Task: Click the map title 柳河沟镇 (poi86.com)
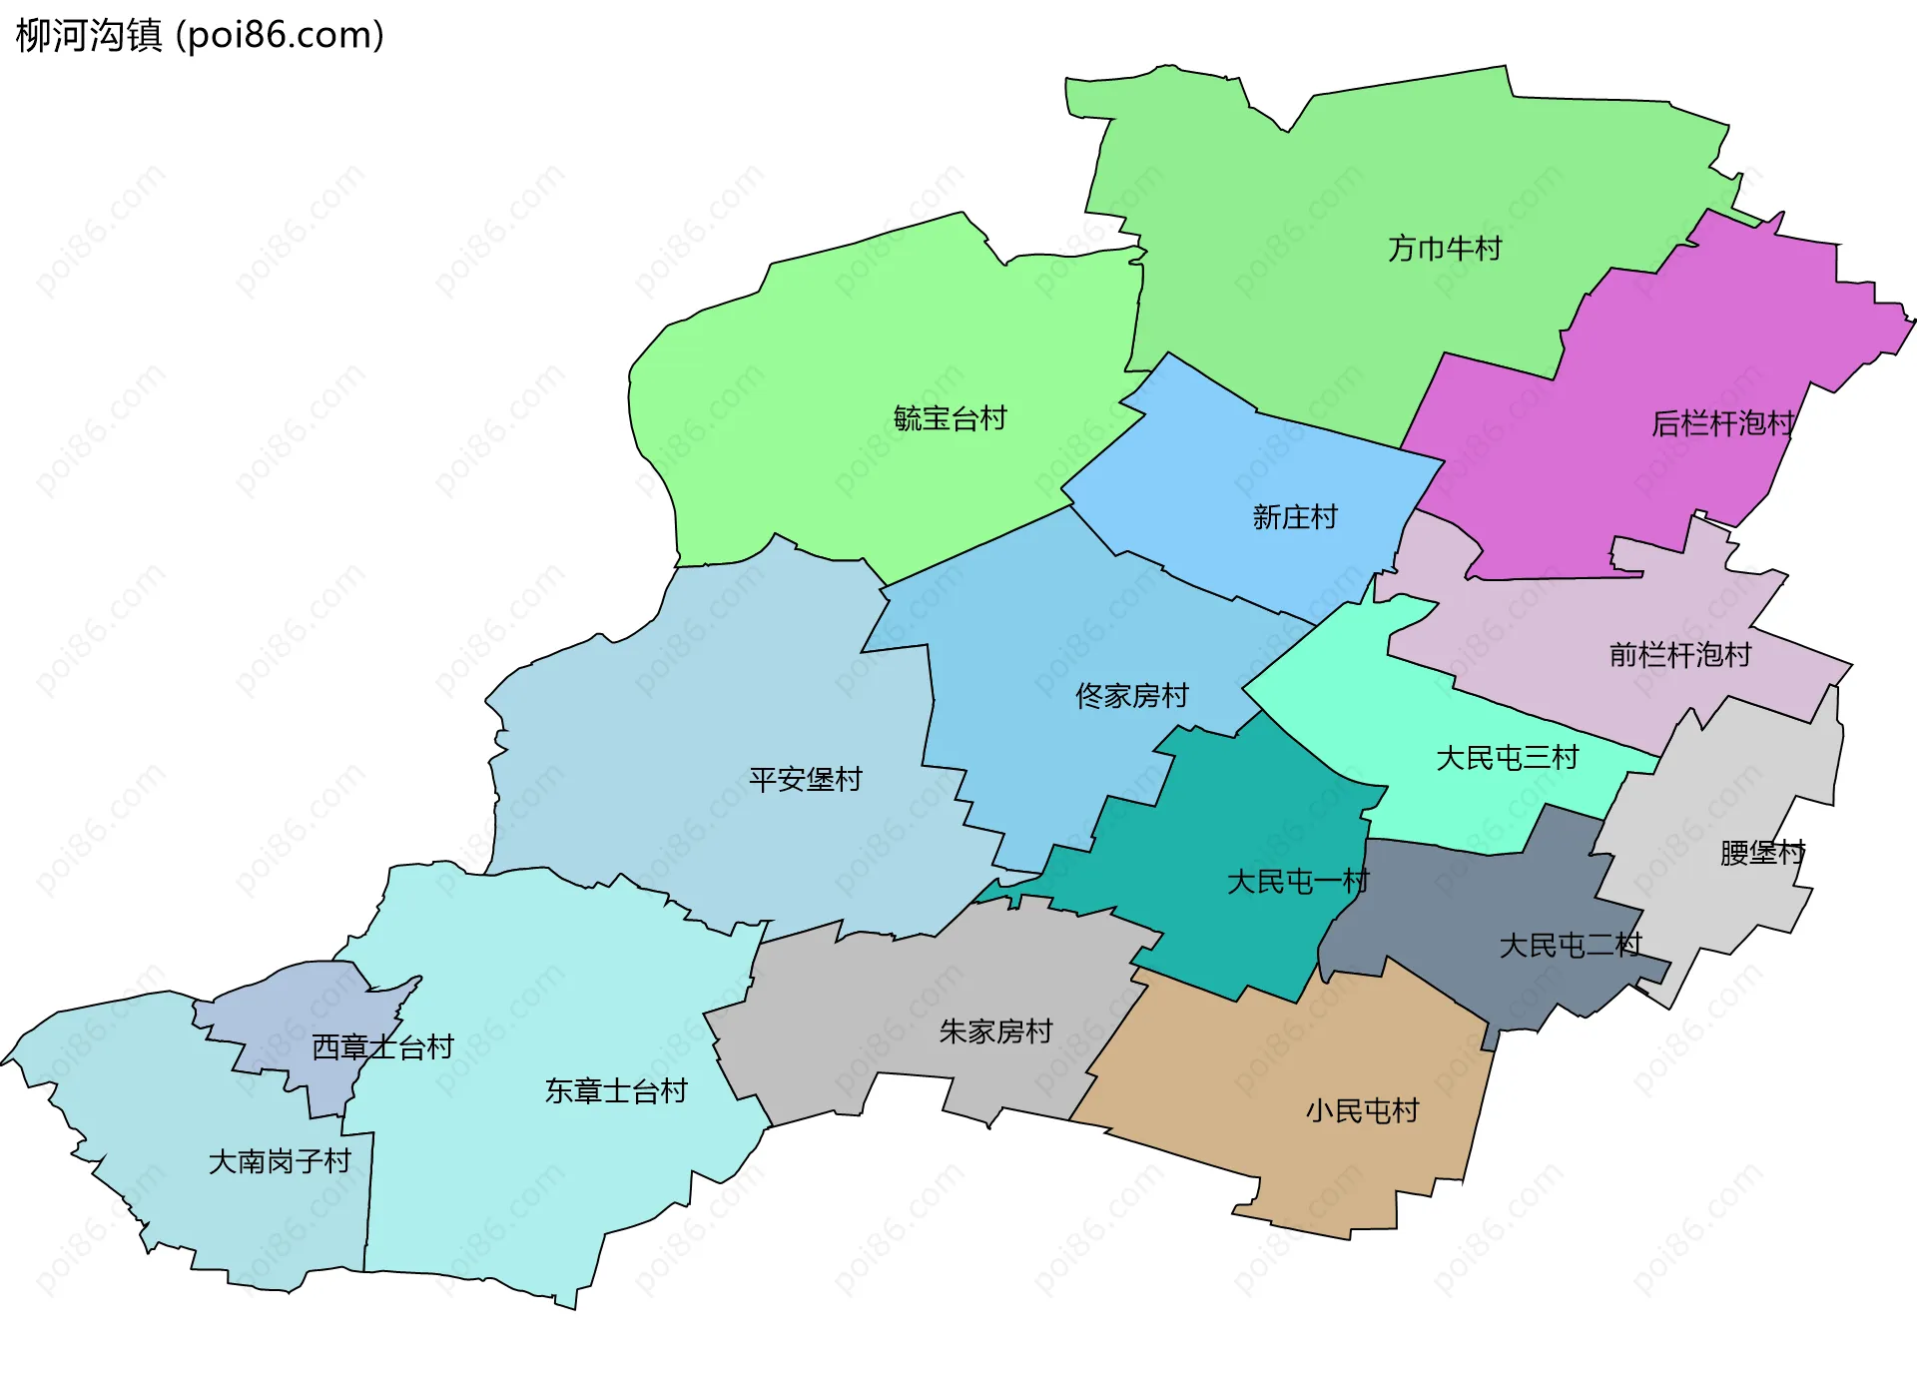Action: coord(200,36)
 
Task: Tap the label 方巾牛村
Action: coord(1445,249)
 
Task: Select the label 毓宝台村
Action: coord(950,418)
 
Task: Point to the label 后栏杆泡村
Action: coord(1722,424)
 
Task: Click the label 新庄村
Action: coord(1295,517)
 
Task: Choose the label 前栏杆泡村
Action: coord(1680,655)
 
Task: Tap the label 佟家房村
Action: coord(1131,696)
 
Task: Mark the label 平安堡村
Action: coord(805,780)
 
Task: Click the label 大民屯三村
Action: coord(1507,759)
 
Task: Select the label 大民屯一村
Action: coord(1297,882)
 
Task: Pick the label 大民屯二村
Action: coord(1570,946)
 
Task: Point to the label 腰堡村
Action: coord(1762,853)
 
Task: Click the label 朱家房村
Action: coord(995,1031)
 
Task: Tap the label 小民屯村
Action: coord(1362,1111)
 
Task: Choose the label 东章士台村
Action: coord(616,1091)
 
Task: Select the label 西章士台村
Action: coord(382,1047)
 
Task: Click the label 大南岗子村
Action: coord(280,1162)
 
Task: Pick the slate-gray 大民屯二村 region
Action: coord(1448,899)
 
